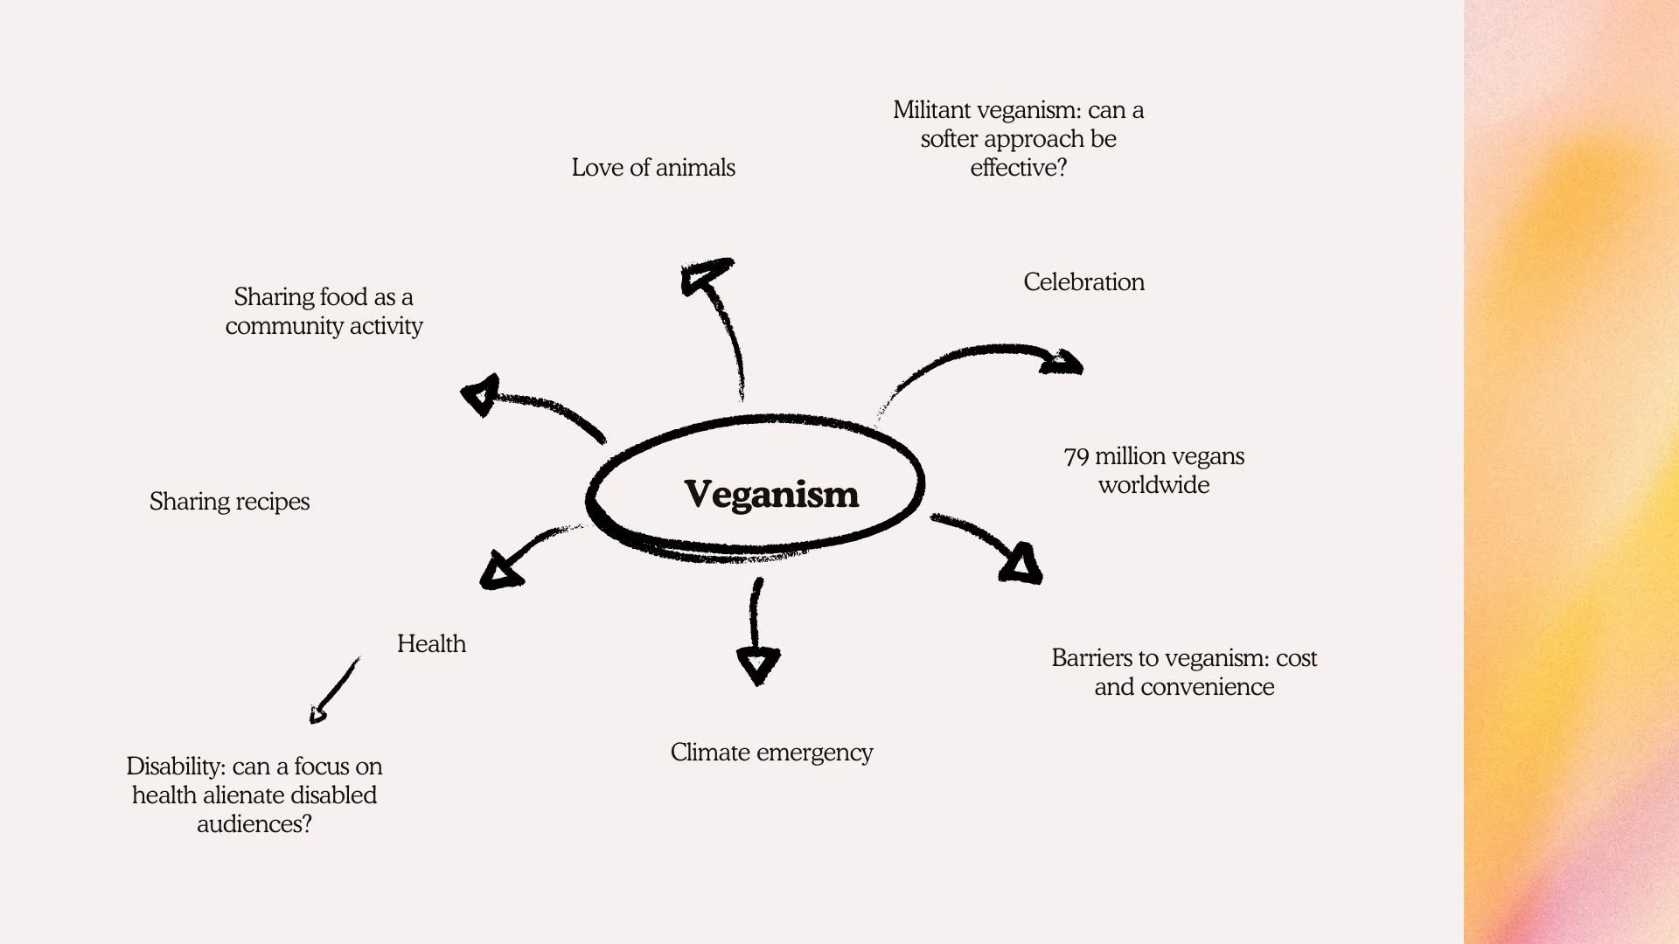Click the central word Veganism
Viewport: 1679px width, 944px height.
point(770,495)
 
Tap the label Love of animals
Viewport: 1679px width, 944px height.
point(653,168)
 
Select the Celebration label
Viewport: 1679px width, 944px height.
point(1083,282)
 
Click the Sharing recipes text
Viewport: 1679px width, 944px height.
point(229,502)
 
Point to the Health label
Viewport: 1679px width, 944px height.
point(431,644)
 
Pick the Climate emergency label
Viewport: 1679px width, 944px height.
point(771,753)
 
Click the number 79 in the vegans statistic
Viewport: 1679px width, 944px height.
point(1076,457)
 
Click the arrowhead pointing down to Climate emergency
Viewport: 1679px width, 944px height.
point(758,665)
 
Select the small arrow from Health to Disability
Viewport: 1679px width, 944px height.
point(334,691)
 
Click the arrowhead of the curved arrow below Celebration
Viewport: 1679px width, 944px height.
point(1062,362)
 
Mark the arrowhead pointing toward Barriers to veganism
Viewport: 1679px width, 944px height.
point(1021,564)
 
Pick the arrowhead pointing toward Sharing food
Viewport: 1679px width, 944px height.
point(480,394)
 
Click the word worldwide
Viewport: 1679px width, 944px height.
point(1154,485)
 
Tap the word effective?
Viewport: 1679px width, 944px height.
point(1019,168)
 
